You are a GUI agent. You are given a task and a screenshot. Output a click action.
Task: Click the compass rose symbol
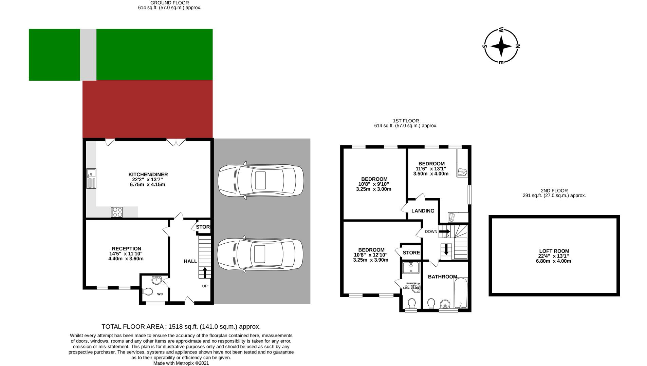tap(501, 46)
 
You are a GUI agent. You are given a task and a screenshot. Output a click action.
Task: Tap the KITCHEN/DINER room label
tap(148, 175)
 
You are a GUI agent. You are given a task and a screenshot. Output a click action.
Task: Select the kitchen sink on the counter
tap(91, 178)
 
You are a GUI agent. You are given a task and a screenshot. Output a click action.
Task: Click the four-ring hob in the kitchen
tap(117, 212)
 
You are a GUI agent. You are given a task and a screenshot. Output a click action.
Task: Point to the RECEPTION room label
tap(126, 249)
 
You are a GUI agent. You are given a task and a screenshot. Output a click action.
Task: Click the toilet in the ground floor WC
tap(148, 291)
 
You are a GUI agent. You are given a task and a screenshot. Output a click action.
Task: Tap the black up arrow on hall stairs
tap(205, 272)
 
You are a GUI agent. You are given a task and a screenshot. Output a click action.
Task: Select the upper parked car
tap(260, 180)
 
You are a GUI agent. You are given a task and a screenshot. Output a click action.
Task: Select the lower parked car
tap(260, 255)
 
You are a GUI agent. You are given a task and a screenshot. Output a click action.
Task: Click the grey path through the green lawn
tap(88, 55)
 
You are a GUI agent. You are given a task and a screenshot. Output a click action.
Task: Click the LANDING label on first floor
tap(423, 211)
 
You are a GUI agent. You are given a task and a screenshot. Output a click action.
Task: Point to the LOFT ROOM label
tap(554, 251)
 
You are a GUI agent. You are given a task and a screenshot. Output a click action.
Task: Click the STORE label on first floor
tap(411, 253)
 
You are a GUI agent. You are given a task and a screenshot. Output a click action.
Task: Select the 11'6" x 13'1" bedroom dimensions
tap(431, 169)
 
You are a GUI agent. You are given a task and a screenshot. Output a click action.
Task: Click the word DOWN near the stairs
tap(431, 232)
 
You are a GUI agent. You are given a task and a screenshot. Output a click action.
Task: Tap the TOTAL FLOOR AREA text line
tap(181, 327)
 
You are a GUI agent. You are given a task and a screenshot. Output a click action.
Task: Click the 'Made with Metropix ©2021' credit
tap(181, 363)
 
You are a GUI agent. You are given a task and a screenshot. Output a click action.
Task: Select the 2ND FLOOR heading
tap(554, 191)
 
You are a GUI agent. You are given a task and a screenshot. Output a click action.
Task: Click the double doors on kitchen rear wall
tap(175, 142)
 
